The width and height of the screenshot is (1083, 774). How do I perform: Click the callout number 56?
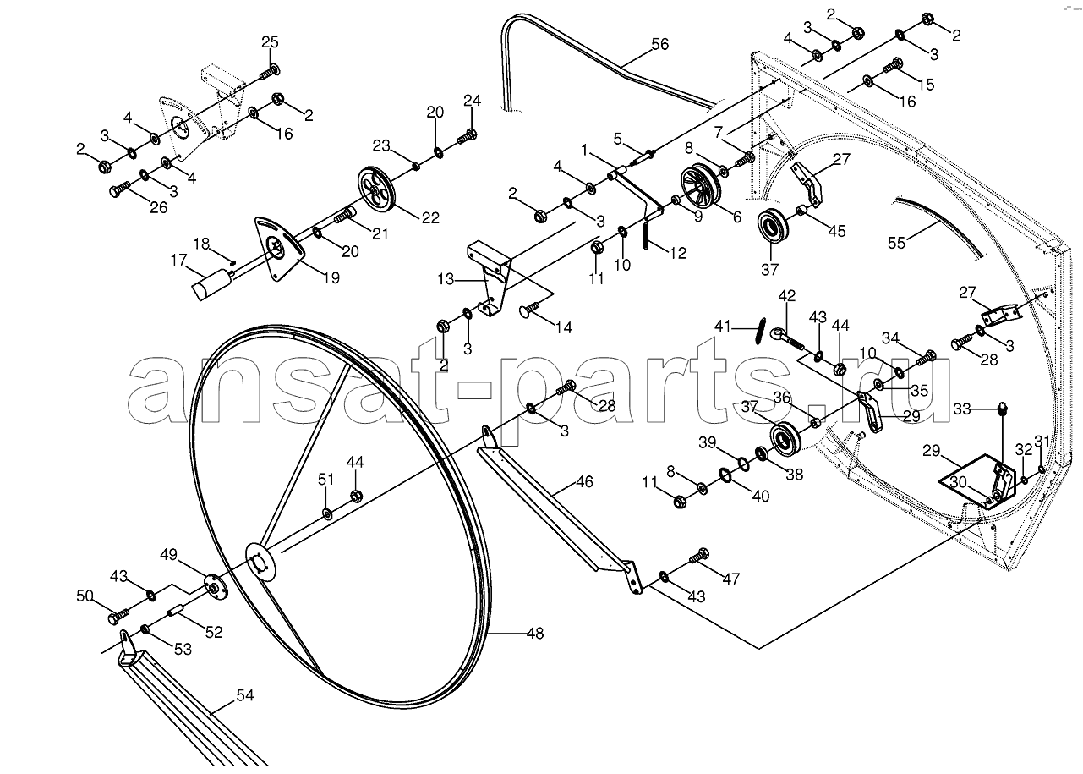point(660,45)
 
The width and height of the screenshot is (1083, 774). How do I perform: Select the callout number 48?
point(535,634)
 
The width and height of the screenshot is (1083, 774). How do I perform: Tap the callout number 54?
point(245,695)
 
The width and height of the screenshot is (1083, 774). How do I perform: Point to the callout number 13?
point(446,279)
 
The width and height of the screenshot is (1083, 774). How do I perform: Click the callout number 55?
point(896,243)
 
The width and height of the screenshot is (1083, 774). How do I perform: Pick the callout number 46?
point(584,482)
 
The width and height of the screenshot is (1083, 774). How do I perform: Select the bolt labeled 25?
point(270,71)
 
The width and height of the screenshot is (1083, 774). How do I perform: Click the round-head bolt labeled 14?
point(531,309)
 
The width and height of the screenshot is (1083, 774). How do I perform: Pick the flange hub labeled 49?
point(212,587)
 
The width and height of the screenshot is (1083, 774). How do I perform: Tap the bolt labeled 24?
point(467,135)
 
